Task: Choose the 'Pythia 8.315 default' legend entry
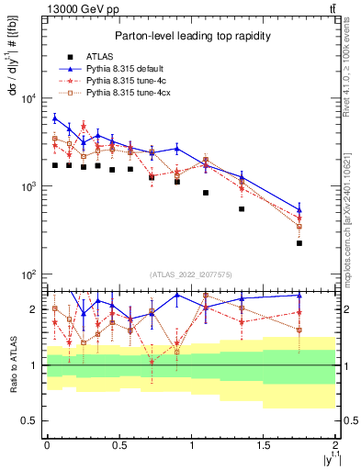point(123,69)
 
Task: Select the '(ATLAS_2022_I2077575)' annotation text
point(191,274)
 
